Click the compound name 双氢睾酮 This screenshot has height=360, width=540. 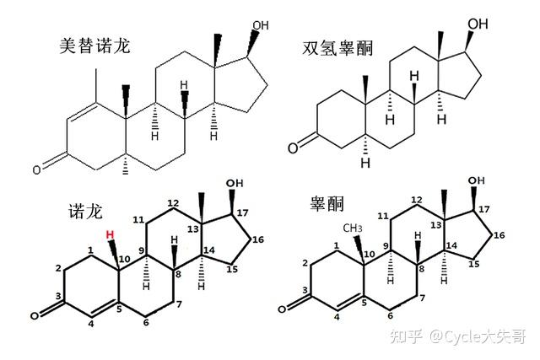(x=335, y=48)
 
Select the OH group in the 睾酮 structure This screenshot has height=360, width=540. (x=478, y=182)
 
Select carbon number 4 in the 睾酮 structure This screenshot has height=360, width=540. (x=337, y=317)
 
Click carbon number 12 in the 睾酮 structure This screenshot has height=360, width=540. (x=416, y=199)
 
